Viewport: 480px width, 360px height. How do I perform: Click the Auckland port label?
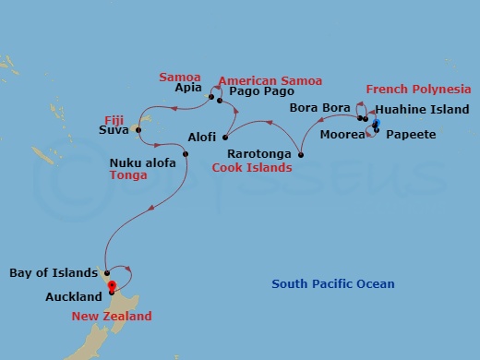[73, 297]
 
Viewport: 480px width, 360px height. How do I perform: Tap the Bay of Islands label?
[53, 273]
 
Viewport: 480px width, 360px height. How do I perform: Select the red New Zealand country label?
[113, 316]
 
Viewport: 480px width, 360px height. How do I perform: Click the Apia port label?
[188, 90]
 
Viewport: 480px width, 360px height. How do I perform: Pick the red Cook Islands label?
[252, 168]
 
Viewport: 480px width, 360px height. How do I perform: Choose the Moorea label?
[341, 135]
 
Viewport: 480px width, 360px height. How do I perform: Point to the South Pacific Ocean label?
[332, 283]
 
